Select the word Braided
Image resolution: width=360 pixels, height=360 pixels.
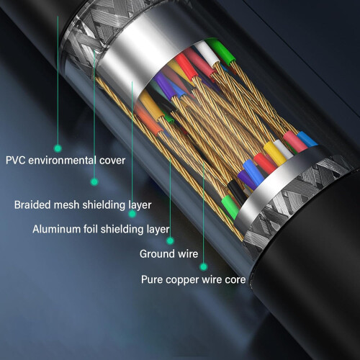click(32, 205)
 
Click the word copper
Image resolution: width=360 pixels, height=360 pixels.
click(182, 280)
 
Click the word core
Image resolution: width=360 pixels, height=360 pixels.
click(235, 280)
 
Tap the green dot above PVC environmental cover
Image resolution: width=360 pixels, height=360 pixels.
click(58, 148)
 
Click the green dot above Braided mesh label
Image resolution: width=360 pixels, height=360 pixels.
click(94, 181)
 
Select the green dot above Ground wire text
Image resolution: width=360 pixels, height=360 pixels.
click(170, 240)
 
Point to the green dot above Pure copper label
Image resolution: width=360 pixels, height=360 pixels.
click(204, 266)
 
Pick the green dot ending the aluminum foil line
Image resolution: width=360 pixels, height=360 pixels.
click(132, 214)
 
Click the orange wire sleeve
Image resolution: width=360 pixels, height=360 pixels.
click(148, 120)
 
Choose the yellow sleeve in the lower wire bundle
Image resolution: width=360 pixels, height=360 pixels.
click(275, 153)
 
